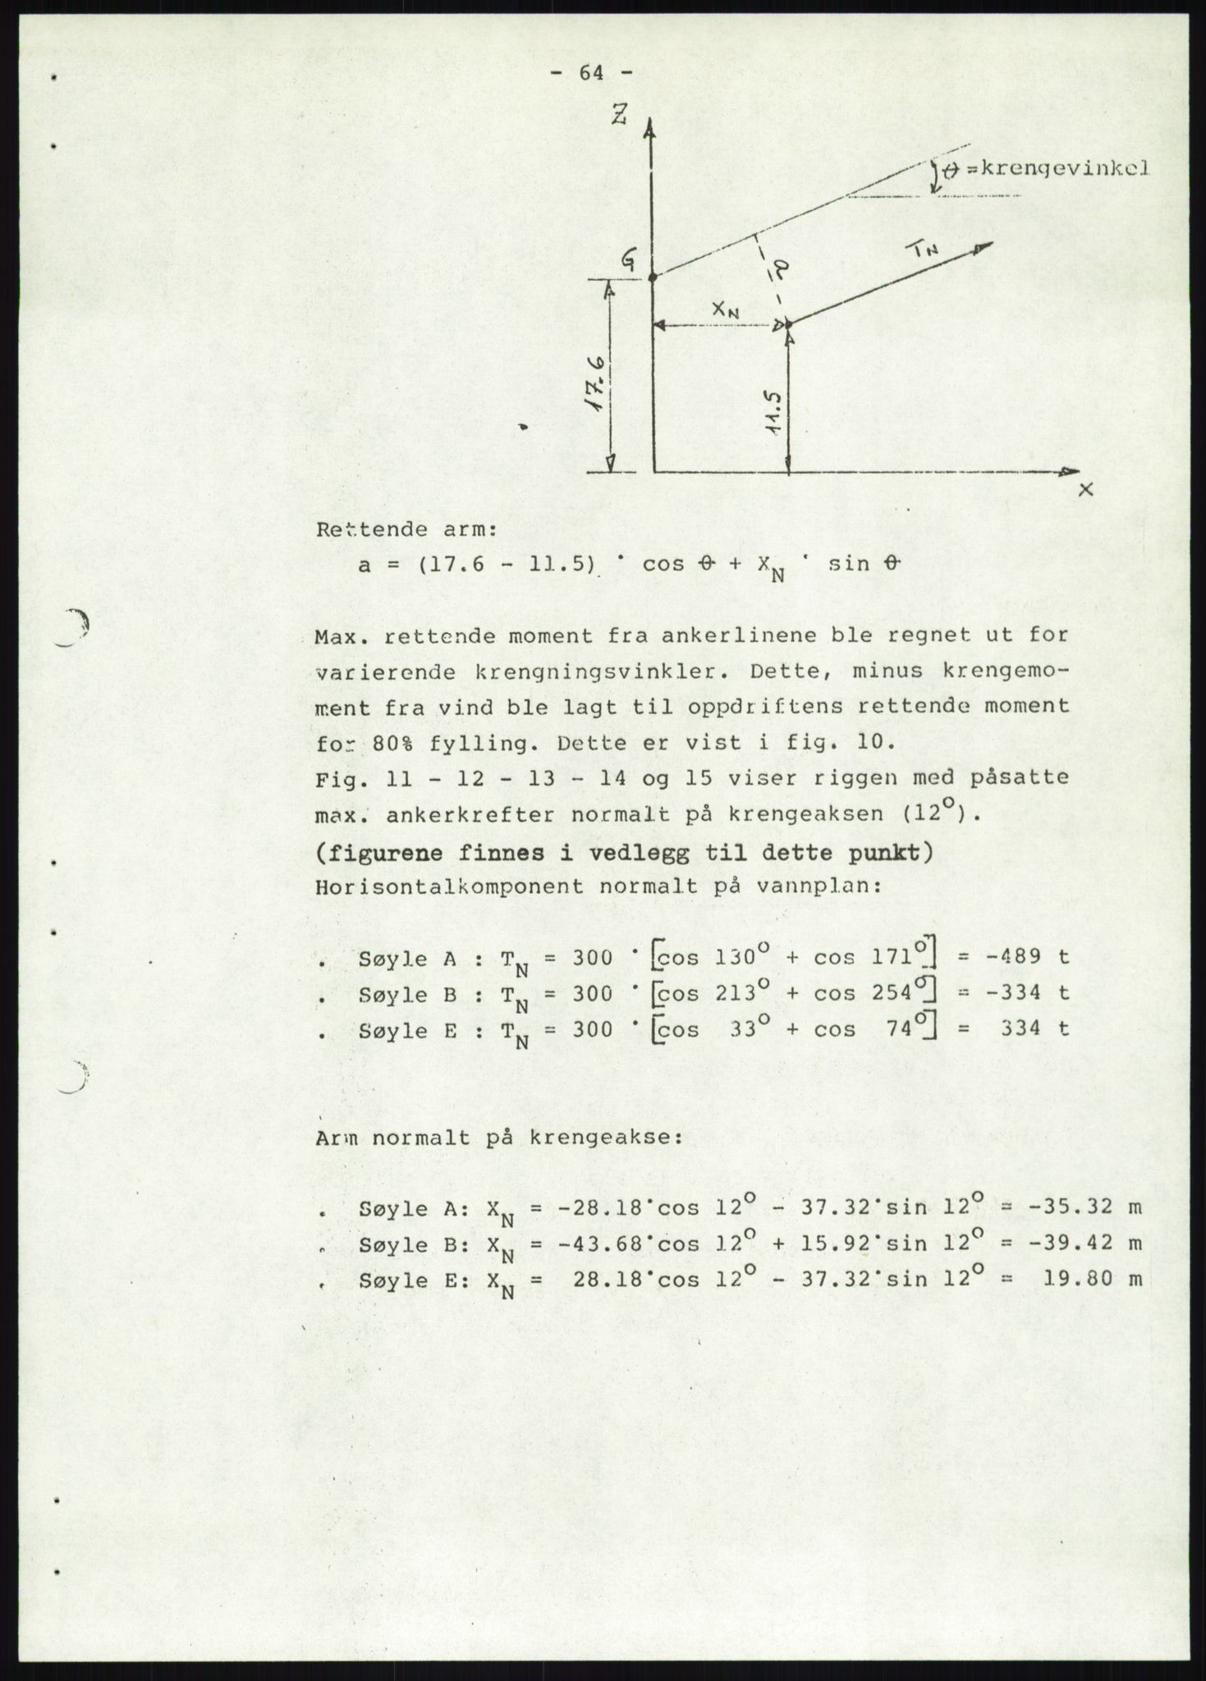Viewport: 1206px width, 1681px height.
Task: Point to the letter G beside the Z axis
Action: point(628,261)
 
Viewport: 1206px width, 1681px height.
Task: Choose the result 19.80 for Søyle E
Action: point(1072,1280)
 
